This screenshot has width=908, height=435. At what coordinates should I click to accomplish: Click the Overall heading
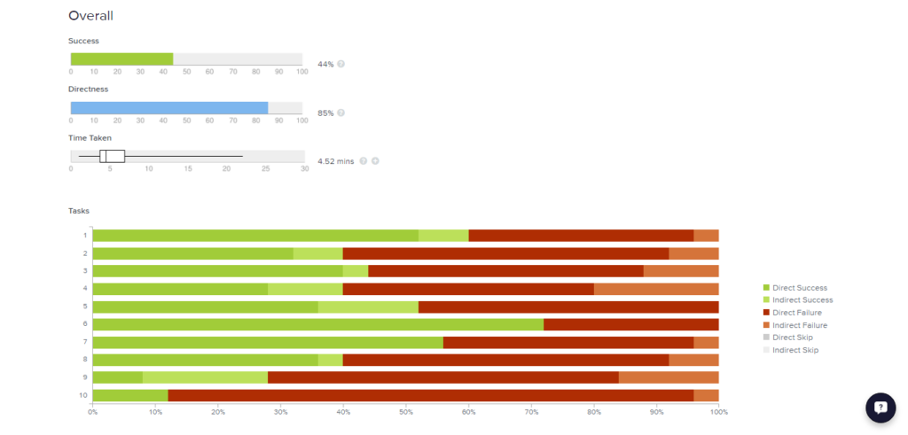click(90, 16)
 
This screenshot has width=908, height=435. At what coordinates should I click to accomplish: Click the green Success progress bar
click(121, 59)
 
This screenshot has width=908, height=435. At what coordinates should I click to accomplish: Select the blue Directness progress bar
click(169, 108)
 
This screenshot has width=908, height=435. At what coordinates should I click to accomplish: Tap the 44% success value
click(325, 65)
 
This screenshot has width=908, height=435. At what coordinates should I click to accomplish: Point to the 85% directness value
click(325, 113)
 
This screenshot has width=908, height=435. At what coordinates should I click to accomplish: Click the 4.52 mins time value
click(335, 161)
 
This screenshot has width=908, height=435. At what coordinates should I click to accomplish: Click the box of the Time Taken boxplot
click(112, 156)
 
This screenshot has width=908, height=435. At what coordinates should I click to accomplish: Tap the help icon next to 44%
click(341, 65)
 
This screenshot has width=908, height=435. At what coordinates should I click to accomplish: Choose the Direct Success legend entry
click(797, 288)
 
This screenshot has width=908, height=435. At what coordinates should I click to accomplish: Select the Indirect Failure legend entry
click(798, 325)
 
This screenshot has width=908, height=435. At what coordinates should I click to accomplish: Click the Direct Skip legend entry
click(793, 338)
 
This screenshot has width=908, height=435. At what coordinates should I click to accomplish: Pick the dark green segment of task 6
click(317, 324)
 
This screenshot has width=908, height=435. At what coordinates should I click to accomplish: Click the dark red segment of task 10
click(430, 395)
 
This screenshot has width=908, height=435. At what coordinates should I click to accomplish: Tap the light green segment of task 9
click(205, 377)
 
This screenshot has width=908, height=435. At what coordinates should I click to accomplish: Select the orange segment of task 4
click(656, 289)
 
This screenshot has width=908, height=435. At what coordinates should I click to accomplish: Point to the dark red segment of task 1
click(581, 236)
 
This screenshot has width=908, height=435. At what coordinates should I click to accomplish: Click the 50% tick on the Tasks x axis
click(405, 412)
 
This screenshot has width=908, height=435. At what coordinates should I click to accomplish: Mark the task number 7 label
click(84, 342)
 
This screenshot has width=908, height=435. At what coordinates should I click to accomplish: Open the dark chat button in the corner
click(881, 408)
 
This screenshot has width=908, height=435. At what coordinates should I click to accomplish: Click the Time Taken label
click(90, 138)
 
